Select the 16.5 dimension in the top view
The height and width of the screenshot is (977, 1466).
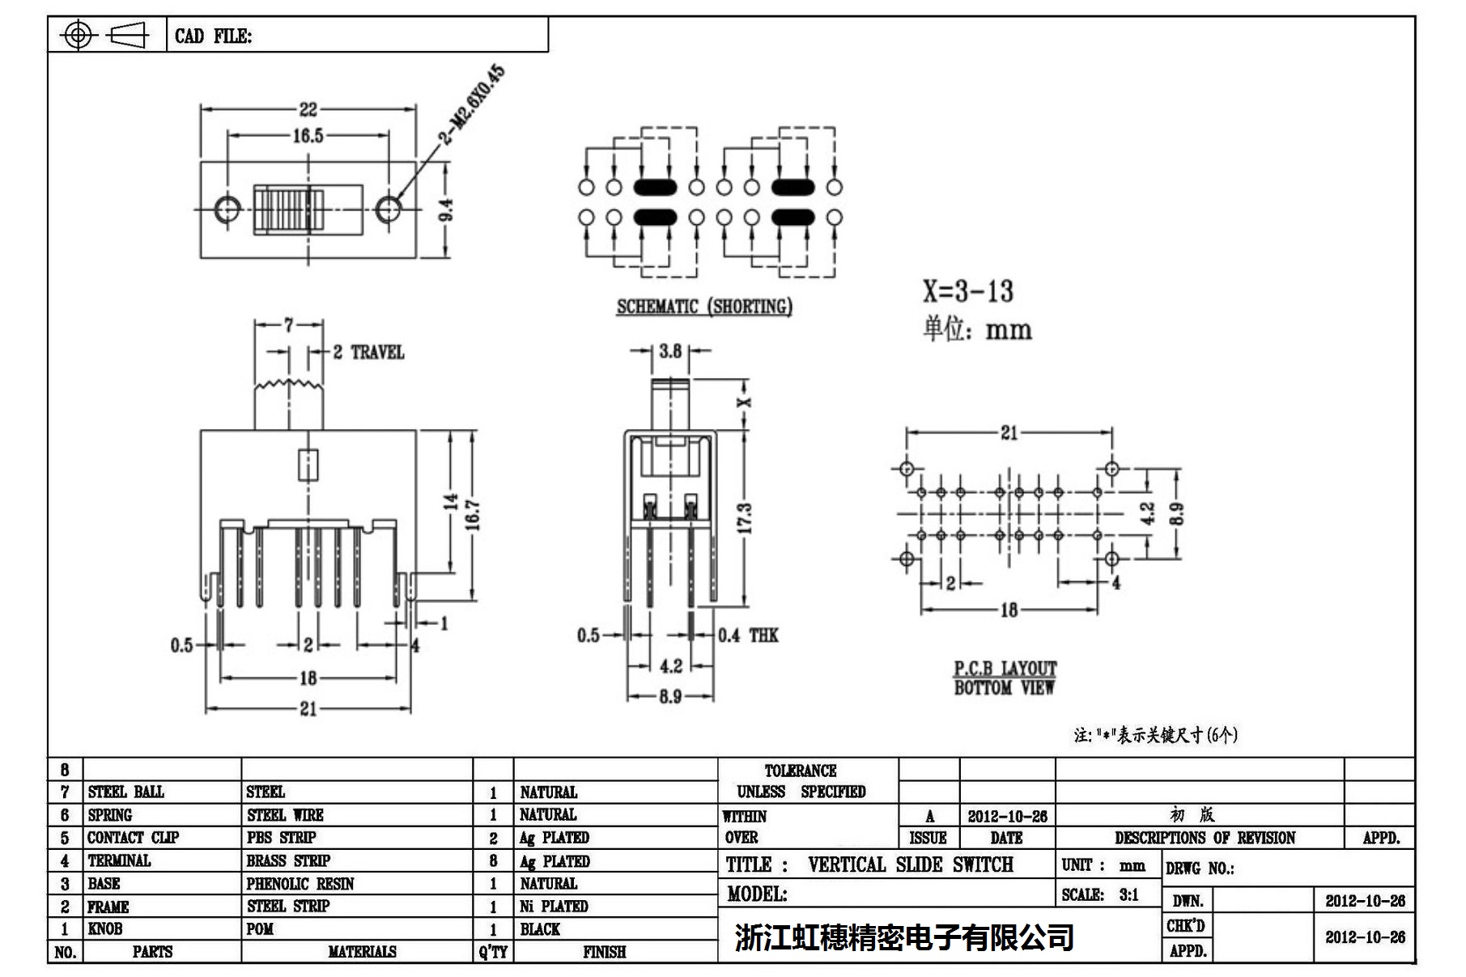tap(308, 135)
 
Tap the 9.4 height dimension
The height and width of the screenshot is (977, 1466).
tap(446, 210)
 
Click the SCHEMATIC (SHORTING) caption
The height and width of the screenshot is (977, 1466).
tap(704, 307)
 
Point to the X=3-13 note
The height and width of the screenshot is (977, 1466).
tap(968, 291)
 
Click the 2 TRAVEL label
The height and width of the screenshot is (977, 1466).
tap(368, 352)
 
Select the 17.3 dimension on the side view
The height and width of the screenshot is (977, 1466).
tap(746, 518)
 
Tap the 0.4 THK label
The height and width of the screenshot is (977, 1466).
tap(748, 635)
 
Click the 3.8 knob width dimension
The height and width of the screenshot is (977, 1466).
tap(670, 351)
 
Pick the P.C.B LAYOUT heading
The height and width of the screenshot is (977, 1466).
tap(1005, 669)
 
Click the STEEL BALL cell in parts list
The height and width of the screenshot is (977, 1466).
tap(125, 792)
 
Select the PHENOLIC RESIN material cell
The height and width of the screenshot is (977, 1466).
tap(300, 884)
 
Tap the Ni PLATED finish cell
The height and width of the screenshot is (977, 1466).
tap(554, 907)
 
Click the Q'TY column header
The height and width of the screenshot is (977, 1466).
tap(492, 952)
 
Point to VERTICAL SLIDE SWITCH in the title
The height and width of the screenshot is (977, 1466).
tap(910, 865)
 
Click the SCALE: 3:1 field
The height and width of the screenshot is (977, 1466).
tap(1100, 894)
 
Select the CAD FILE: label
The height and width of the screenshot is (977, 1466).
tap(213, 36)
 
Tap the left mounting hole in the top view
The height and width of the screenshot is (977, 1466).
tap(227, 210)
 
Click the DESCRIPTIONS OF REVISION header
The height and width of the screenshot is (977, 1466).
tap(1205, 838)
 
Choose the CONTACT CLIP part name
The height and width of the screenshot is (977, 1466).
tap(133, 838)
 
